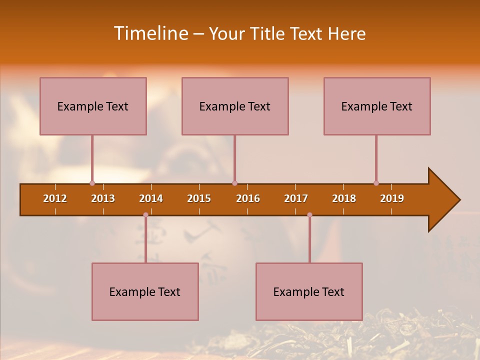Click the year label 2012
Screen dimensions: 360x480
click(x=55, y=198)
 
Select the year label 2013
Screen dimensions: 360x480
click(x=103, y=198)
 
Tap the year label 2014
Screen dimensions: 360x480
click(x=151, y=198)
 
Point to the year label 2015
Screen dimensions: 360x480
click(x=199, y=198)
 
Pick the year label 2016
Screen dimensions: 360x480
click(x=248, y=198)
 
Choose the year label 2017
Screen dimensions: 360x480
click(x=296, y=198)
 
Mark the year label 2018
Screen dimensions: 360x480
click(x=344, y=198)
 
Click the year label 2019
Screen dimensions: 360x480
click(x=392, y=198)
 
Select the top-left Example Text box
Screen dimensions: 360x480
click(x=93, y=106)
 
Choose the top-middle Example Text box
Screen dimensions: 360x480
click(x=235, y=106)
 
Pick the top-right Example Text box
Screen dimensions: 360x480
click(x=377, y=106)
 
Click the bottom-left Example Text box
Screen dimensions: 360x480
click(x=145, y=292)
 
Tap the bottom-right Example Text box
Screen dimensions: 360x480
click(x=309, y=292)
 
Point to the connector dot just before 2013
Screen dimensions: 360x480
click(x=92, y=183)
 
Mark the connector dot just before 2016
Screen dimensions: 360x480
click(x=234, y=183)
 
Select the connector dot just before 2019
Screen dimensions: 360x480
click(x=376, y=183)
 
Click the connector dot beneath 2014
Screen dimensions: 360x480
click(x=145, y=214)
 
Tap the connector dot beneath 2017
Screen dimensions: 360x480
click(x=309, y=214)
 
